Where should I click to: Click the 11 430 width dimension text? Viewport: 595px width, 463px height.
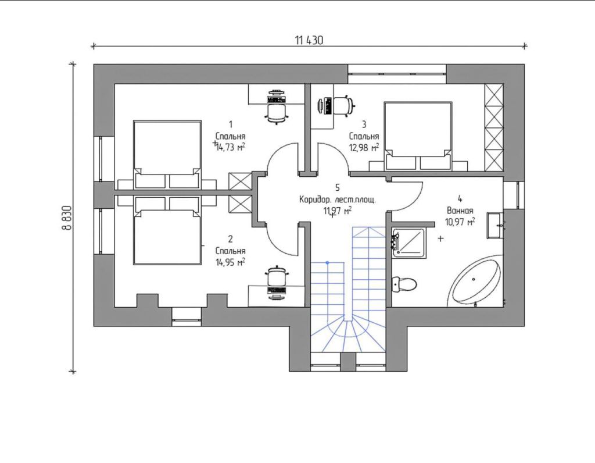click(309, 40)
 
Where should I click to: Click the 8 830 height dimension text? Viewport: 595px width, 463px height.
click(66, 218)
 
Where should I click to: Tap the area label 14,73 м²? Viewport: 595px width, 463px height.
click(230, 147)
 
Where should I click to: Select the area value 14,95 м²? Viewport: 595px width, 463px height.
click(230, 262)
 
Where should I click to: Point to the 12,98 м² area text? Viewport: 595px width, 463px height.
click(364, 147)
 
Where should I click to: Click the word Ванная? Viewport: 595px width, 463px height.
click(460, 211)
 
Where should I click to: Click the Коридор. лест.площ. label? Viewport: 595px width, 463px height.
click(338, 200)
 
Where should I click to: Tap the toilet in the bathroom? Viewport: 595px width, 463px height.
click(404, 284)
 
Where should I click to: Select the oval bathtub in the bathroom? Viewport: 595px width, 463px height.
click(476, 280)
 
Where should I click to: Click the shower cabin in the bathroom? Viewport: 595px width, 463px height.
click(409, 242)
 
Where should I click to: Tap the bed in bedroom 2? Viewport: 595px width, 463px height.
click(167, 230)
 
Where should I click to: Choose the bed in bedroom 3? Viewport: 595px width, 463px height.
click(418, 135)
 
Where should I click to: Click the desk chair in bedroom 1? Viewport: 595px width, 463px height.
click(276, 112)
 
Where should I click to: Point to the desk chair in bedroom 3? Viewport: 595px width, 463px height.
click(344, 105)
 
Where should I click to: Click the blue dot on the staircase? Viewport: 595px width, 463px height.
click(328, 262)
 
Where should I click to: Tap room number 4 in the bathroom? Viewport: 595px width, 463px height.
click(460, 199)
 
